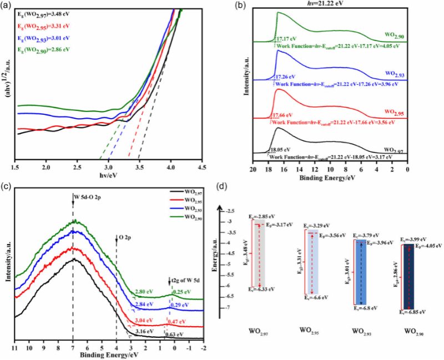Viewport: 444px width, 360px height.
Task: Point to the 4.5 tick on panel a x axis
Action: [204, 166]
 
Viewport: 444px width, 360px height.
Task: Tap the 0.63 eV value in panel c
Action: [174, 334]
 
